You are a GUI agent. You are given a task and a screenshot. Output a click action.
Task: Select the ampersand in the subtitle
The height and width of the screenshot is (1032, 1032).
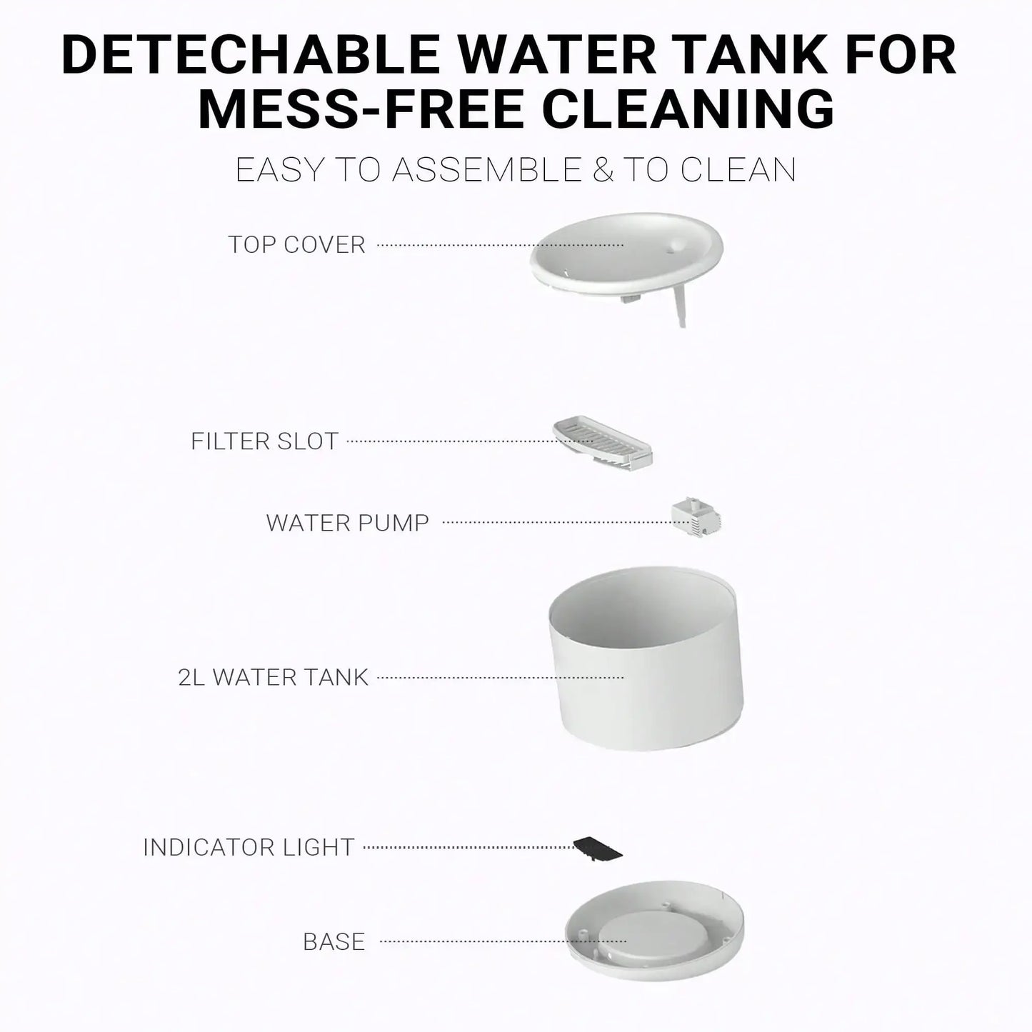(603, 170)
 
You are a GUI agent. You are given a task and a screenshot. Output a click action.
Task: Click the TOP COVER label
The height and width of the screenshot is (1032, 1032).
(297, 245)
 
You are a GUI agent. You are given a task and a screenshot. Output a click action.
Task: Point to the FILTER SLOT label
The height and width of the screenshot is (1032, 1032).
(264, 441)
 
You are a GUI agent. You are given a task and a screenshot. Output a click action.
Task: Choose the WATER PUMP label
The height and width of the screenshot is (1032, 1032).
(347, 523)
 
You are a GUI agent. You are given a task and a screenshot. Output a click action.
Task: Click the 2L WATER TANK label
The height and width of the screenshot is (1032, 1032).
(273, 677)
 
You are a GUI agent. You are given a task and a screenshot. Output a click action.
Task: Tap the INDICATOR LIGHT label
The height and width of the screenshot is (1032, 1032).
(249, 848)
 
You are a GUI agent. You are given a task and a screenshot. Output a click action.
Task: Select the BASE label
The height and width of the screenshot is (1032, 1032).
(334, 942)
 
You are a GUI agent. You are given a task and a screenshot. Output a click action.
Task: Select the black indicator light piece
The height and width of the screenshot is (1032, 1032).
(598, 848)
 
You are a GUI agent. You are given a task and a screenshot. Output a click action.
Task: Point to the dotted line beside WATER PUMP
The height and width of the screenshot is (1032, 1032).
(557, 522)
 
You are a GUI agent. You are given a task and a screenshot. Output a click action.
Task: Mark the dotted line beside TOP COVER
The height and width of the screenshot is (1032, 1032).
(500, 245)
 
